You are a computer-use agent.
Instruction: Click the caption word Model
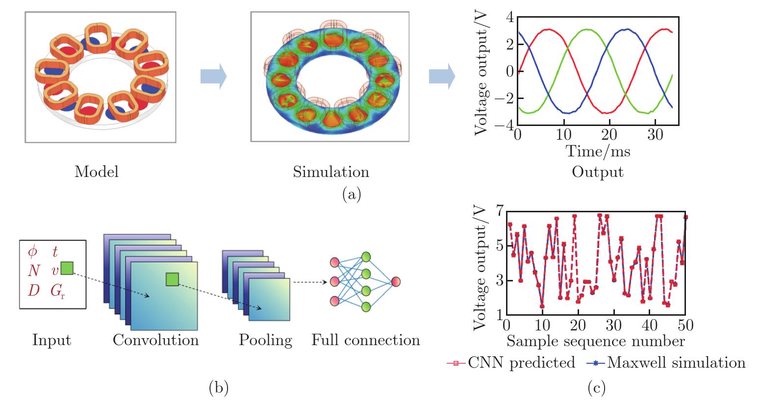97,172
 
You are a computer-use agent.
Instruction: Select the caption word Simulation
331,172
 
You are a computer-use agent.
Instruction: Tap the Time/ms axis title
598,151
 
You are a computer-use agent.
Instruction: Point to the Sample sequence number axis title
595,340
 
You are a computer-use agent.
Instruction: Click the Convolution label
156,340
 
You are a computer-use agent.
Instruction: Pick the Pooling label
265,340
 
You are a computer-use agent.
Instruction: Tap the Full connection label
366,340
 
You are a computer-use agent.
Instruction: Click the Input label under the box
51,340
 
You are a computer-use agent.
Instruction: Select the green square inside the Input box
67,268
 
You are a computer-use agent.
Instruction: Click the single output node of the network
396,281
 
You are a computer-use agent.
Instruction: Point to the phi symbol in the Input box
32,252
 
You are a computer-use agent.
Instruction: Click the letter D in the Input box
33,291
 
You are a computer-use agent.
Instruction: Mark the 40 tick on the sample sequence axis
649,325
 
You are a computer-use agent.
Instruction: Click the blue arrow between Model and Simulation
213,77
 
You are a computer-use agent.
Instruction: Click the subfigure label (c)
596,388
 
